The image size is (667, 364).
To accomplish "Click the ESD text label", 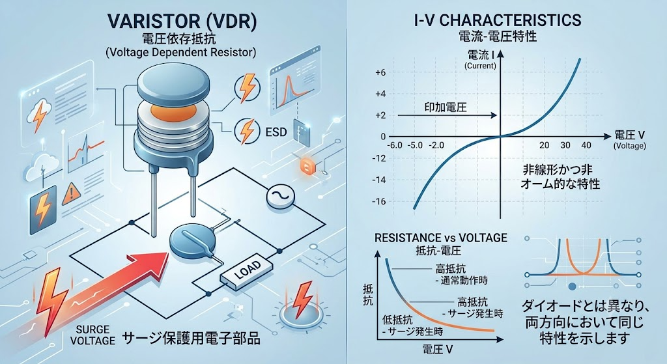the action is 276,132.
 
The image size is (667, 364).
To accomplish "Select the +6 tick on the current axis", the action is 380,73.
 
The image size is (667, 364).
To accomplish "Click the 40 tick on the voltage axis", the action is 586,145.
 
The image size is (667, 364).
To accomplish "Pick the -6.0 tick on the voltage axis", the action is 394,145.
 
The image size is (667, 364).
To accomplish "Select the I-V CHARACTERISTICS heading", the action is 498,20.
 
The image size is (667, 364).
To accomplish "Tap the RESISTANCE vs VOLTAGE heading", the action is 441,237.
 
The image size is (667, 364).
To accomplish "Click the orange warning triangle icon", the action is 72,194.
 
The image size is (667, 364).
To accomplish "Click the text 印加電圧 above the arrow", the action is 446,107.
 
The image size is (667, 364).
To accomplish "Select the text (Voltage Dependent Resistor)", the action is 180,52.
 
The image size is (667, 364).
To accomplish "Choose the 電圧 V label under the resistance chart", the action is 438,350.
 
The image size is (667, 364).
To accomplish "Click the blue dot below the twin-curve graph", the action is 572,287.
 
